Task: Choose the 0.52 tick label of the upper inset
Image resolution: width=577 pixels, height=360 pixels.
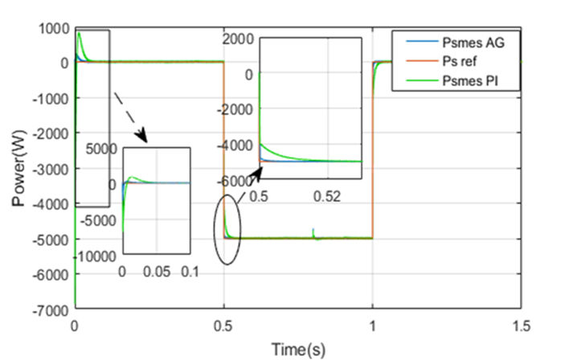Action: pos(328,196)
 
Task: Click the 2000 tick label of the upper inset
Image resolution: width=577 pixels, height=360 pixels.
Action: pos(239,39)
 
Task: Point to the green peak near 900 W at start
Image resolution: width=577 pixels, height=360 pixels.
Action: pos(79,33)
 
